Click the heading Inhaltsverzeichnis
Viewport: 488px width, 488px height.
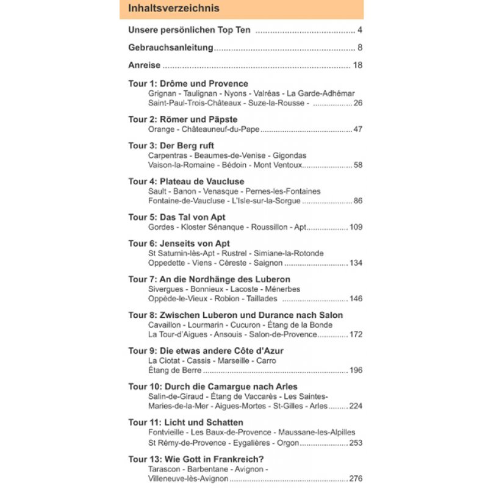coord(174,9)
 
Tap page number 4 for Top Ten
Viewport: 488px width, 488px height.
coord(361,30)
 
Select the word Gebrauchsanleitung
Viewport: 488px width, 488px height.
coord(170,48)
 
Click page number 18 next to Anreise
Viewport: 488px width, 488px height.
coord(357,65)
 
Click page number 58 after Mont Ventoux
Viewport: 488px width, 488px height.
coord(357,165)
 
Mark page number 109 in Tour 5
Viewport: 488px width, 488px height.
coord(356,227)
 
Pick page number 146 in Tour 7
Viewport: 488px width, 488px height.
coord(356,298)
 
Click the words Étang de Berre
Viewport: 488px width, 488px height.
coord(174,370)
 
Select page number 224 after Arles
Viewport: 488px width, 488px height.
coord(356,406)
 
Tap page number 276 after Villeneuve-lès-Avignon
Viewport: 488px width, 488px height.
coord(356,479)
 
